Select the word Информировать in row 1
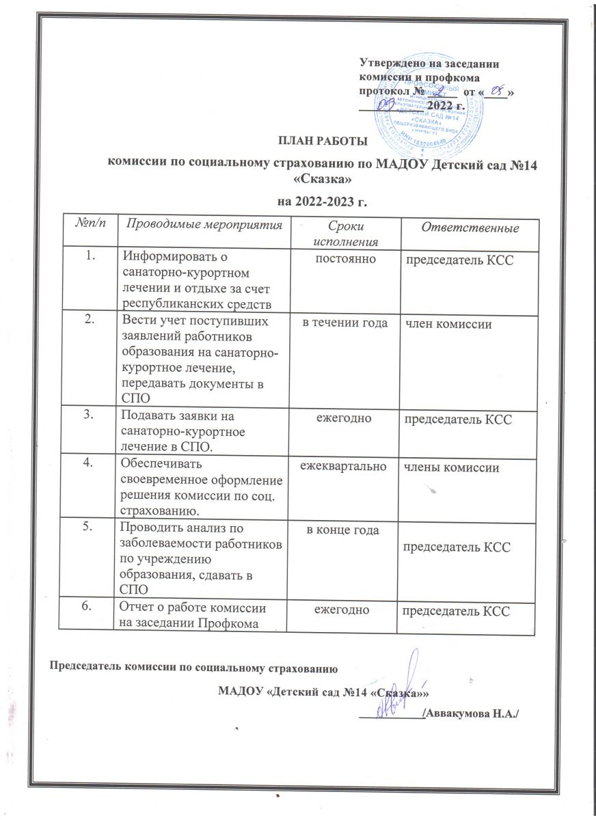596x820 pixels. click(x=164, y=257)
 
